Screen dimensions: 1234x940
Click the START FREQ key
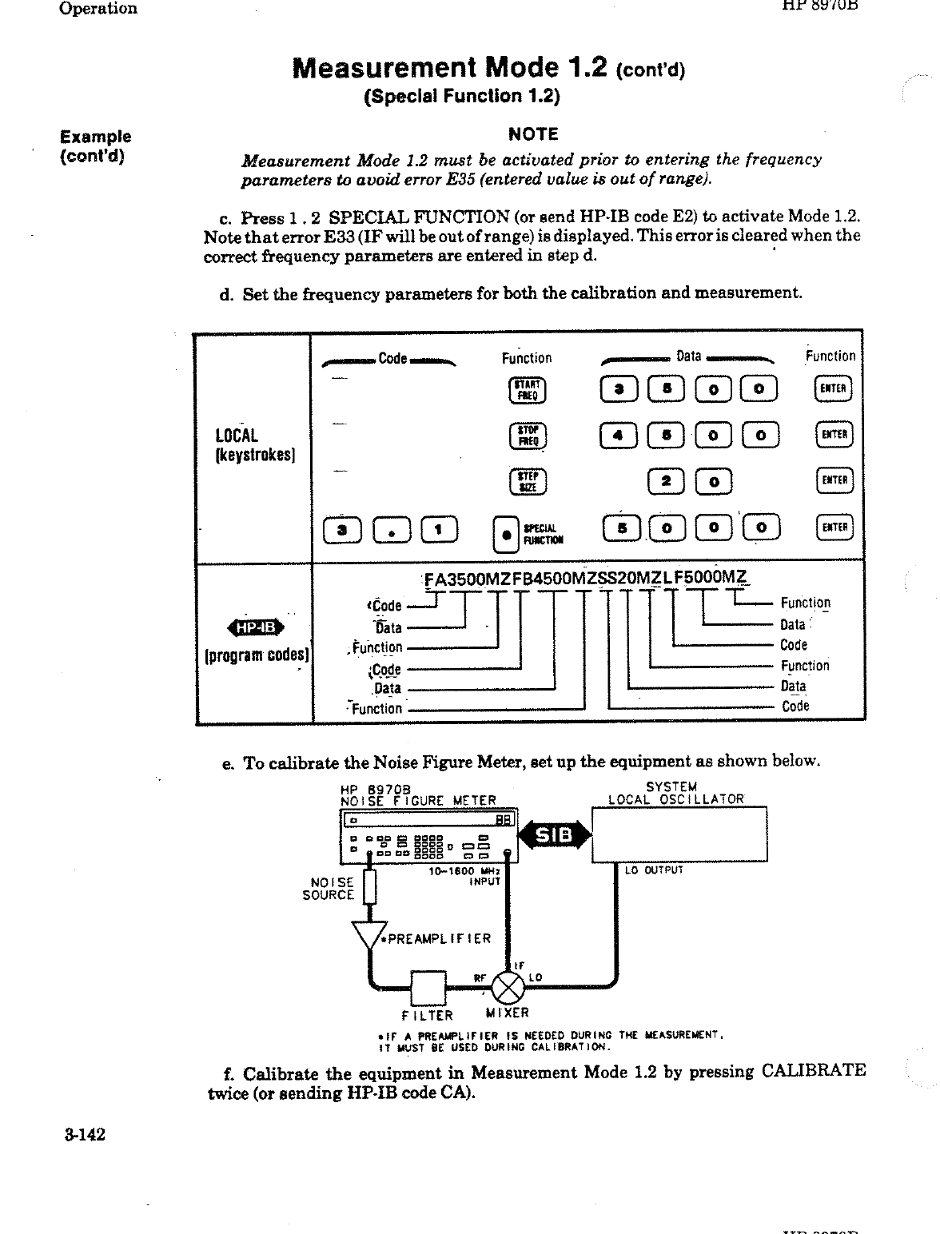point(526,390)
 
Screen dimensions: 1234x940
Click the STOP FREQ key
point(526,434)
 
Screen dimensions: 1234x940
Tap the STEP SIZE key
point(526,480)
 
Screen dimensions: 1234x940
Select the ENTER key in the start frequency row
point(832,389)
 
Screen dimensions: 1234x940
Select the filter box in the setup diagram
point(428,987)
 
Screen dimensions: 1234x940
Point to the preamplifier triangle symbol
point(368,934)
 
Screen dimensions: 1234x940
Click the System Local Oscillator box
point(679,834)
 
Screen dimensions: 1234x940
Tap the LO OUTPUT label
point(653,870)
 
